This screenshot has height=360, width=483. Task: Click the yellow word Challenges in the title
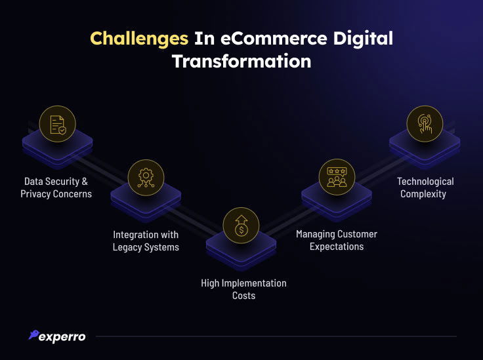[139, 39]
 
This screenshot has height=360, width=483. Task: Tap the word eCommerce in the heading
[274, 39]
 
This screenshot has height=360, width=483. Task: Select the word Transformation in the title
[241, 61]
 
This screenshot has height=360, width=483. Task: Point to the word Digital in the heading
[363, 39]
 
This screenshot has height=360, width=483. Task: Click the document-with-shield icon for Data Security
[58, 124]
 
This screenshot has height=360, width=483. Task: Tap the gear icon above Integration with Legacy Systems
[146, 178]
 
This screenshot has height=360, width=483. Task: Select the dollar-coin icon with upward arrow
[241, 226]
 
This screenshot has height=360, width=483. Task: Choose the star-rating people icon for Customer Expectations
[337, 177]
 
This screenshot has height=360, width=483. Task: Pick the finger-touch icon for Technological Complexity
[425, 124]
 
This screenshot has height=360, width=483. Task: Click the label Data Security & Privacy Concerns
[56, 188]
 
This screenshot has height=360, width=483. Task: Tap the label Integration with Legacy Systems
[146, 241]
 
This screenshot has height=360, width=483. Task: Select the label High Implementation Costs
[243, 289]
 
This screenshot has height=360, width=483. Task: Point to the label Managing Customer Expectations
[337, 240]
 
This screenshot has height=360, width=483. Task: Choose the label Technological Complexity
[425, 188]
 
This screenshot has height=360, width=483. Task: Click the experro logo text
[62, 337]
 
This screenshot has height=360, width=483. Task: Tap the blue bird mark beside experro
[33, 334]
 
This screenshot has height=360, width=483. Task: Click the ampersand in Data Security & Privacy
[85, 182]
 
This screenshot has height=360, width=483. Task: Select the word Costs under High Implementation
[243, 296]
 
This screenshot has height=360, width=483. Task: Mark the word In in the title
[204, 39]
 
